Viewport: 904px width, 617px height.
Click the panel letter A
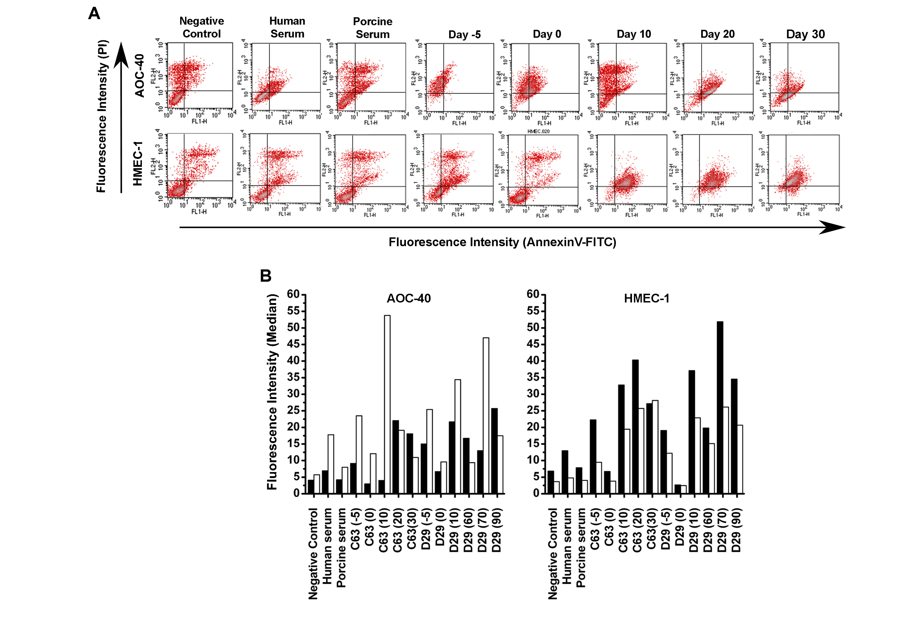(94, 14)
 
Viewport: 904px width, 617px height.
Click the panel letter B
(266, 276)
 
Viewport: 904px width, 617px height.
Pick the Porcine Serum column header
(373, 28)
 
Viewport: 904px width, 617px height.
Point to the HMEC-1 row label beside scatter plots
(138, 163)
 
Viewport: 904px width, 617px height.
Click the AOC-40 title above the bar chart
(409, 299)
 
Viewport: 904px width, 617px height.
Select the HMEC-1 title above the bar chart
(646, 299)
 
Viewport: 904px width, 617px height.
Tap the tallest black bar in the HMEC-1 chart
(720, 407)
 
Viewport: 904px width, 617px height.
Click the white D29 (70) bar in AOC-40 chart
(486, 415)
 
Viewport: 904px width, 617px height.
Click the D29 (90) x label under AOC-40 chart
(497, 530)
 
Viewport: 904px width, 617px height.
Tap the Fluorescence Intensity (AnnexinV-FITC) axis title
(502, 242)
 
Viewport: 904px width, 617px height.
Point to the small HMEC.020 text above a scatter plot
(538, 132)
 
